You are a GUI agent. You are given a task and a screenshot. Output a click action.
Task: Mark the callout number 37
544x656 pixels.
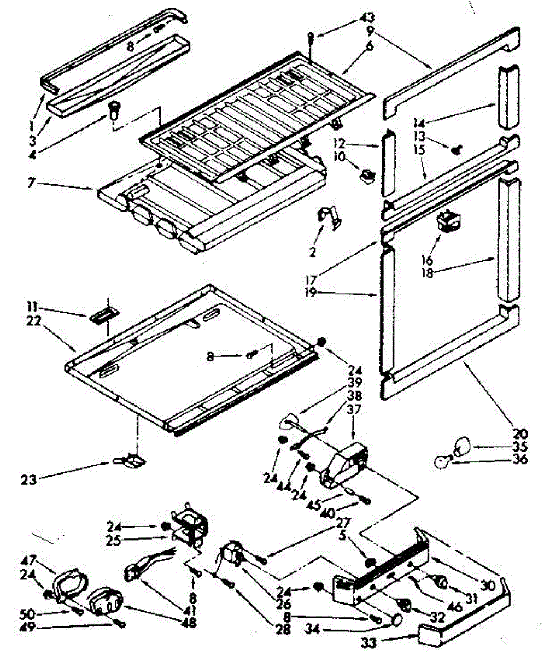tap(353, 409)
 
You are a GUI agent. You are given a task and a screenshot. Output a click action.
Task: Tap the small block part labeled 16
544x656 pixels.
tap(449, 221)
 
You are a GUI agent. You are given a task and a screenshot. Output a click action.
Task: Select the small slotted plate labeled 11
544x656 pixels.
tap(100, 317)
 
